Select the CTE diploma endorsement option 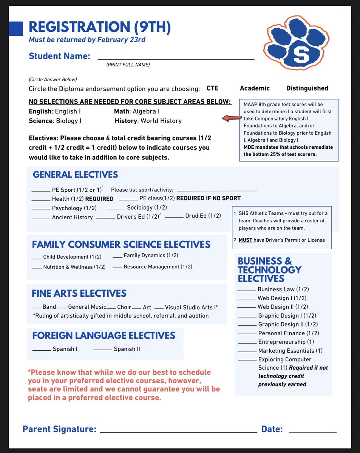click(212, 88)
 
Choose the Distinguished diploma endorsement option click(307, 88)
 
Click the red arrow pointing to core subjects click(232, 119)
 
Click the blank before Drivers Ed click(106, 218)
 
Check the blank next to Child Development click(37, 259)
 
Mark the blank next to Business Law click(247, 291)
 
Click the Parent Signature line click(178, 431)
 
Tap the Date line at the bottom click(312, 431)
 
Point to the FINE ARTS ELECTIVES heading click(79, 293)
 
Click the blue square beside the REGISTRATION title click(16, 28)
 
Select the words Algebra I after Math click(146, 111)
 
